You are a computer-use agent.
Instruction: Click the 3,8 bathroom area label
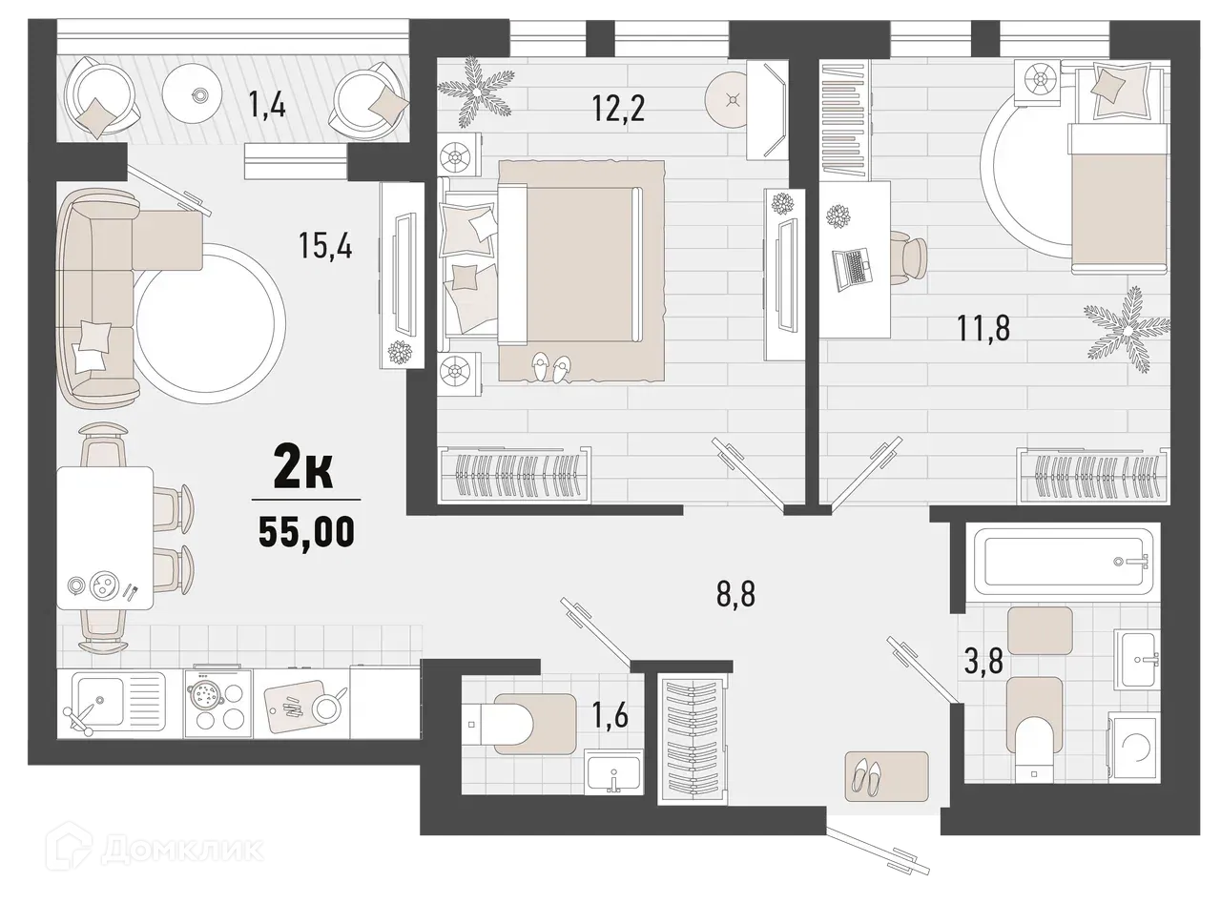983,660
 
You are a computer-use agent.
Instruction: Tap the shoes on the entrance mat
873,776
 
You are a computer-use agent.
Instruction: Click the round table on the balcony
198,93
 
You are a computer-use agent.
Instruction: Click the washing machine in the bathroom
1133,744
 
